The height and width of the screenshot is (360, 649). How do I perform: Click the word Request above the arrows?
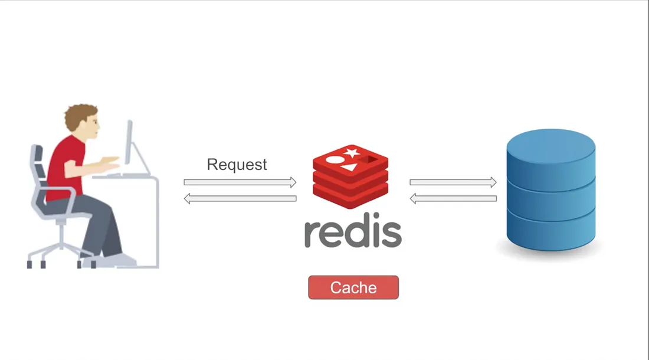tap(237, 164)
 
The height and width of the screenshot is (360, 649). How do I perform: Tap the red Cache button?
tap(353, 287)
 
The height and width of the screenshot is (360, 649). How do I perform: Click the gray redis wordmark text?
tap(353, 233)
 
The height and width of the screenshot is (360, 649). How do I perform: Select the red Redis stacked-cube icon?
tap(350, 176)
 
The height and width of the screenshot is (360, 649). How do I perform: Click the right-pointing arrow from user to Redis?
tap(240, 182)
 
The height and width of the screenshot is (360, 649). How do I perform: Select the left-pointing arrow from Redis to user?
tap(240, 199)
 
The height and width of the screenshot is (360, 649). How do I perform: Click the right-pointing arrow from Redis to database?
tap(453, 182)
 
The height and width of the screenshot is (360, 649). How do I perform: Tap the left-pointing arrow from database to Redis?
tap(453, 199)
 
